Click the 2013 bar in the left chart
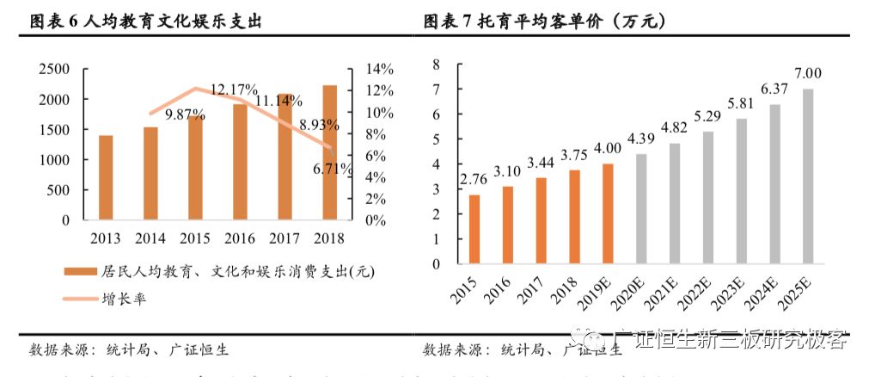click(x=106, y=177)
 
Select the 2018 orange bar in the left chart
click(x=329, y=152)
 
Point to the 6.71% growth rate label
click(x=330, y=169)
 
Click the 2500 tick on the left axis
click(x=55, y=70)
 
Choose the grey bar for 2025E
click(x=808, y=176)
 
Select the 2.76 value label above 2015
click(x=474, y=180)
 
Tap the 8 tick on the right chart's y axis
click(x=436, y=64)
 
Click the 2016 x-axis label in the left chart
click(x=241, y=238)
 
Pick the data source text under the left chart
click(x=129, y=350)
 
